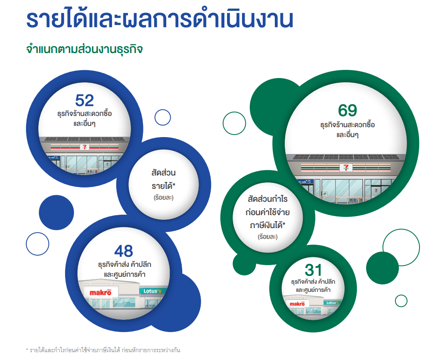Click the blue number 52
pyautogui.click(x=84, y=100)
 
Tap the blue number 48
pyautogui.click(x=124, y=251)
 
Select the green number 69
pyautogui.click(x=348, y=111)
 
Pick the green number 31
pyautogui.click(x=313, y=270)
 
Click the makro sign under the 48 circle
pyautogui.click(x=100, y=293)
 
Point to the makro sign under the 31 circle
pyautogui.click(x=297, y=304)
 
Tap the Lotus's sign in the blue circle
pyautogui.click(x=151, y=291)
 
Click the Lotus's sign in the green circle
pyautogui.click(x=333, y=303)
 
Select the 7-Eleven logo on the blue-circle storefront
pyautogui.click(x=85, y=147)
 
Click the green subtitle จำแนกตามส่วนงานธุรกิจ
pyautogui.click(x=84, y=49)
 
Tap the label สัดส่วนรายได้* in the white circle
pyautogui.click(x=164, y=179)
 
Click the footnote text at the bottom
pyautogui.click(x=103, y=350)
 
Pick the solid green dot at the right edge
pyautogui.click(x=382, y=267)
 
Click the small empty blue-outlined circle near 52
pyautogui.click(x=163, y=117)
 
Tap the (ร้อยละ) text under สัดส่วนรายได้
pyautogui.click(x=164, y=198)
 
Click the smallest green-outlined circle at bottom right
pyautogui.click(x=401, y=301)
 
